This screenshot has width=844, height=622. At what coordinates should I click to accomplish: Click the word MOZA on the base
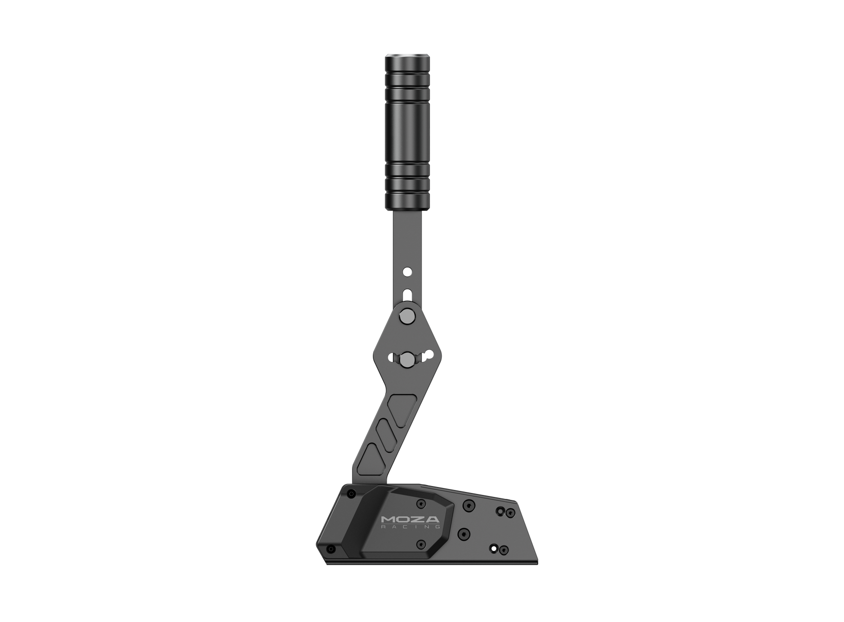click(410, 520)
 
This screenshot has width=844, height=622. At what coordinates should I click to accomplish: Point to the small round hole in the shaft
click(407, 272)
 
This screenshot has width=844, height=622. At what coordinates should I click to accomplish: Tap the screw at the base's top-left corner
click(352, 493)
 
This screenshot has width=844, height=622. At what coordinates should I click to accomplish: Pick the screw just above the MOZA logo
click(422, 503)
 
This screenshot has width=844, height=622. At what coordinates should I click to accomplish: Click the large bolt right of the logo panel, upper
click(467, 505)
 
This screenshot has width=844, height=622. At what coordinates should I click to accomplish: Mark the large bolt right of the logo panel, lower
click(464, 534)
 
